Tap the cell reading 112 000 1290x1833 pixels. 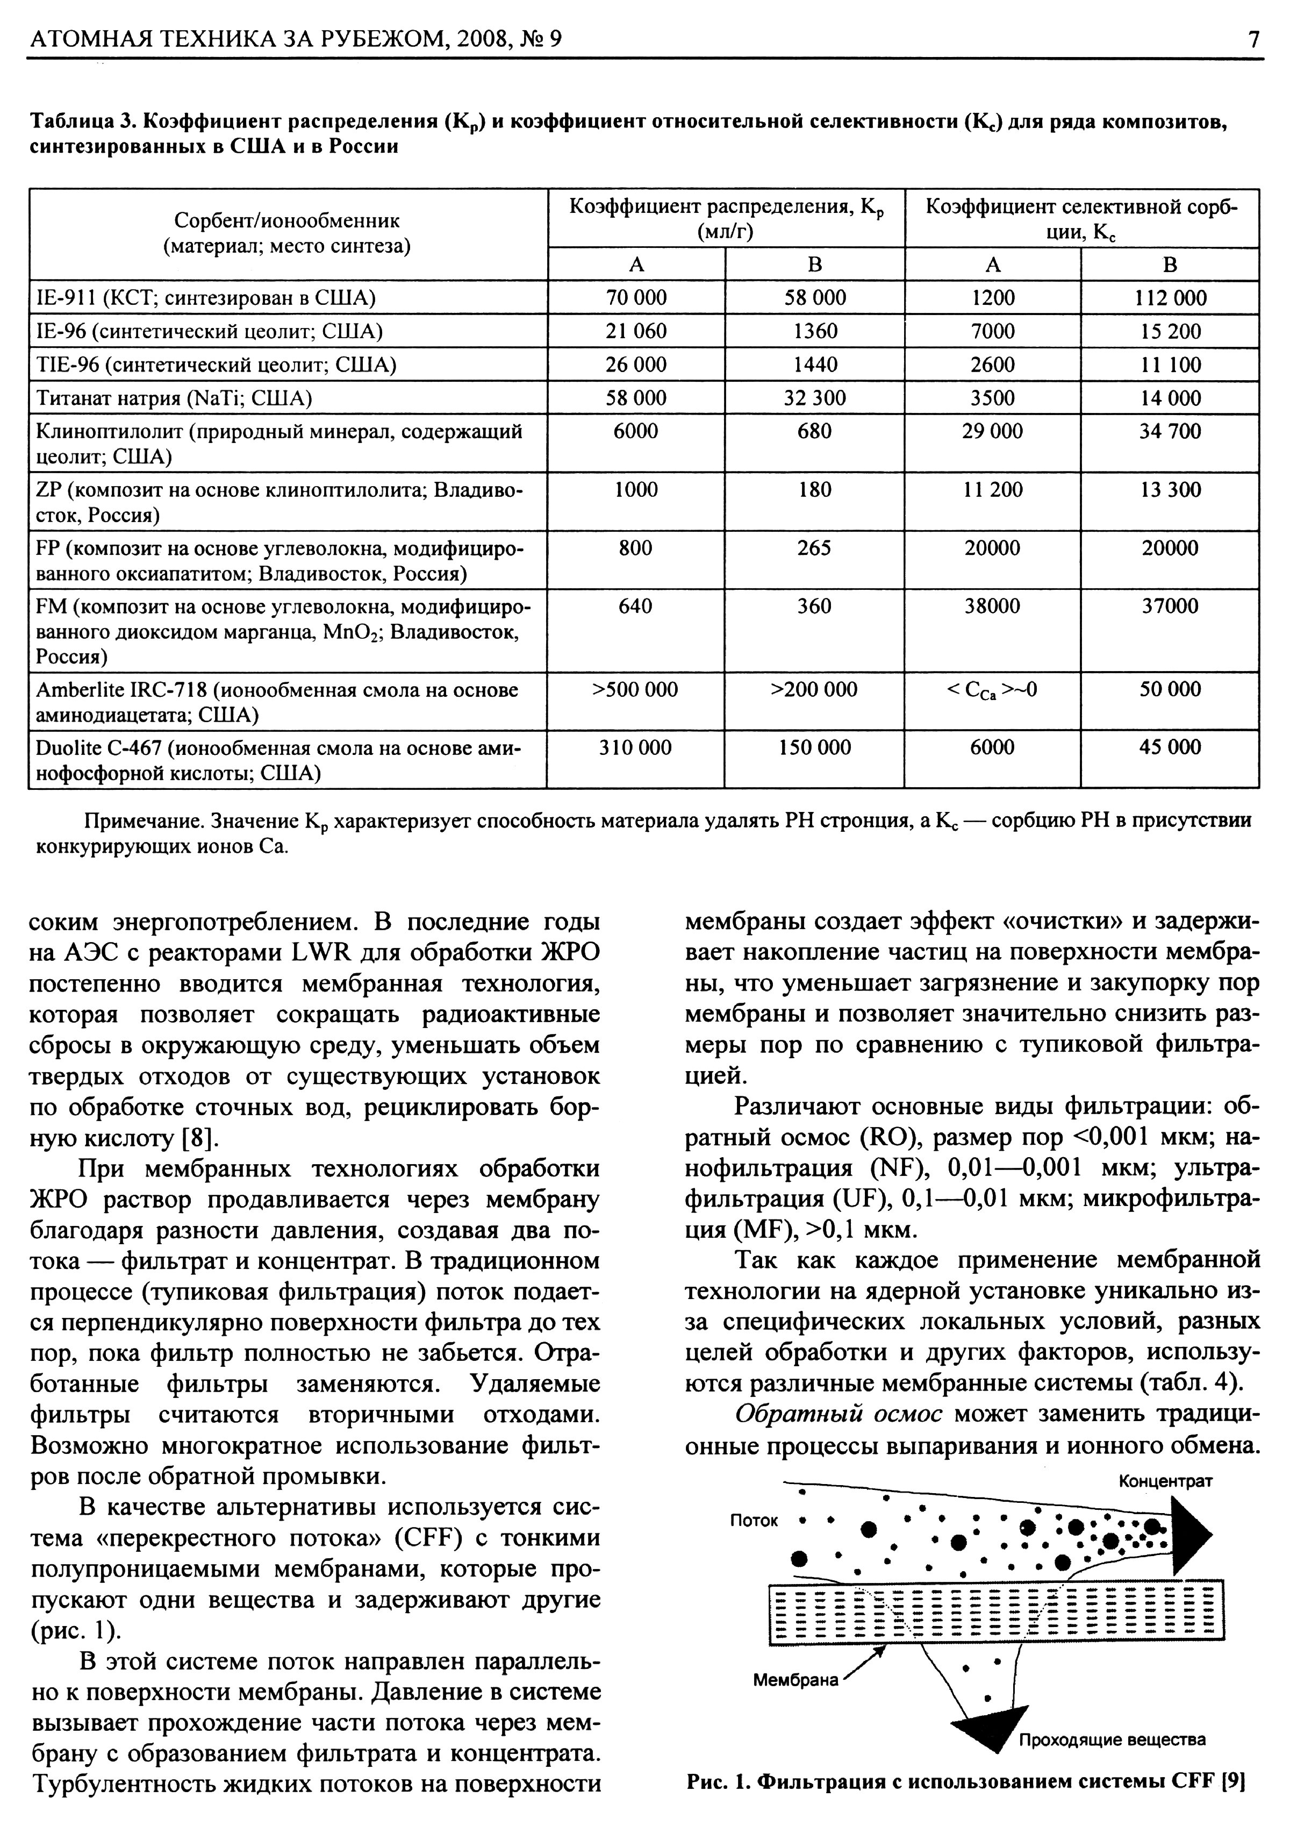1170,298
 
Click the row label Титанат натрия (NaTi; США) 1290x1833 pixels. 174,397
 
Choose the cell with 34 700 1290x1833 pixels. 1170,431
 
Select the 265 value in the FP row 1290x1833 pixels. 814,548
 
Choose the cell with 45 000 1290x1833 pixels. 1170,747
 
